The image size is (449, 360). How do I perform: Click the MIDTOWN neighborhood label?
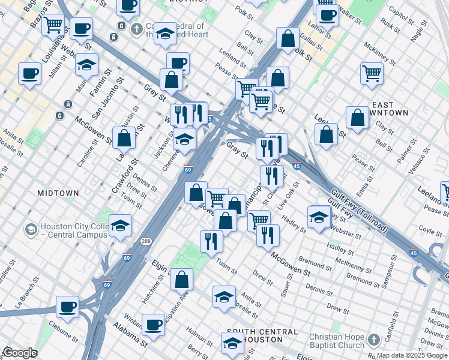(58, 193)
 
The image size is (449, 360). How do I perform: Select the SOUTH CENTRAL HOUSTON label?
(259, 335)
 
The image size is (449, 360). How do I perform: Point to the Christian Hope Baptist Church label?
(336, 341)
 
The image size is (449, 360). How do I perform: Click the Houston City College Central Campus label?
(73, 231)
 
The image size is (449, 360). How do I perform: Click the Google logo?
(20, 353)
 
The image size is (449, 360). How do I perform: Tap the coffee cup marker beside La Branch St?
(67, 306)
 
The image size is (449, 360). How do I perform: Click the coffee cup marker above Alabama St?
(154, 325)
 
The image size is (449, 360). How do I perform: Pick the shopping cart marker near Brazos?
(53, 25)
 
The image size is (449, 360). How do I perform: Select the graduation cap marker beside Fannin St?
(87, 64)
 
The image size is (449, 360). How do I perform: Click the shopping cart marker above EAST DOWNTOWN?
(372, 73)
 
